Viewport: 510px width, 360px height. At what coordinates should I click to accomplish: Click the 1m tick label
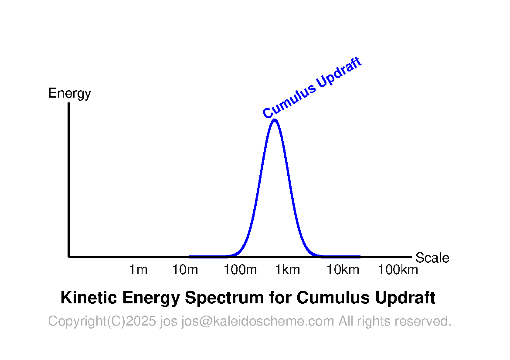[138, 270]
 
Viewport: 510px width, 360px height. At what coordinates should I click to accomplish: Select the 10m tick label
[185, 270]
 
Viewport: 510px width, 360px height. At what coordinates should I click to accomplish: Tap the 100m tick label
[240, 270]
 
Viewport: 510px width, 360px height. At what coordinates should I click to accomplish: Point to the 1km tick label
[288, 270]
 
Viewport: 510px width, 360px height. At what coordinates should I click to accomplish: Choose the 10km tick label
[343, 270]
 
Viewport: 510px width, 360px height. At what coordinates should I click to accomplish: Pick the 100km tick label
[398, 270]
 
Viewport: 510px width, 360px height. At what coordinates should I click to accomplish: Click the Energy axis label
[70, 94]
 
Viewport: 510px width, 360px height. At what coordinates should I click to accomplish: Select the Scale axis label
[432, 258]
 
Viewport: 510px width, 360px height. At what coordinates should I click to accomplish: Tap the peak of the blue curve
[275, 120]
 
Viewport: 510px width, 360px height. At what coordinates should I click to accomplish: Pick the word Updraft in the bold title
[405, 298]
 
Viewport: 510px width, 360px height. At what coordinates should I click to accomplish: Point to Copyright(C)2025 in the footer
[102, 321]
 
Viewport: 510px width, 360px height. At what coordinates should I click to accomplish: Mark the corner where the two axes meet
[68, 257]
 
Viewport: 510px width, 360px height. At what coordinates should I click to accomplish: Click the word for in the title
[280, 298]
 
